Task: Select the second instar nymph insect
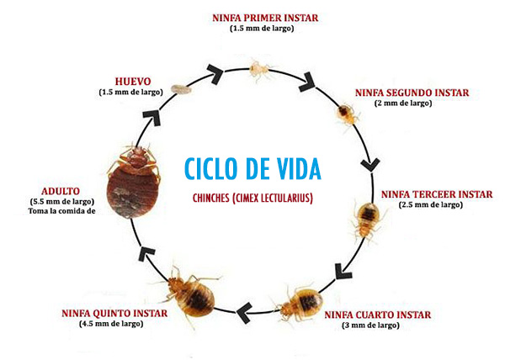tap(344, 112)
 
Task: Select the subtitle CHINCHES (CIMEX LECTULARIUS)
tap(252, 197)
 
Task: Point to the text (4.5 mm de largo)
tap(107, 324)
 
